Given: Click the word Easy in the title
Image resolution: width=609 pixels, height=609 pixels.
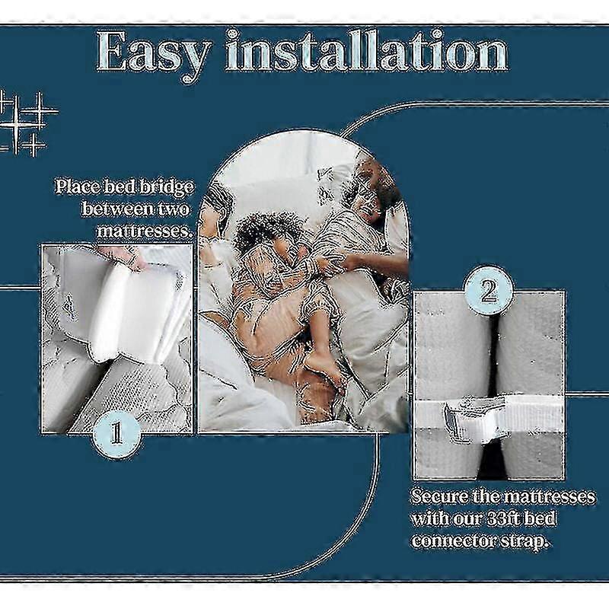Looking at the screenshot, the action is pyautogui.click(x=155, y=53).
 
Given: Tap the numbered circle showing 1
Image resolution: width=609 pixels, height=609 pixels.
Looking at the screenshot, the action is pyautogui.click(x=117, y=434).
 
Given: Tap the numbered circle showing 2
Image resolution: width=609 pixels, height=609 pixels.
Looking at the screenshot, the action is pyautogui.click(x=489, y=291).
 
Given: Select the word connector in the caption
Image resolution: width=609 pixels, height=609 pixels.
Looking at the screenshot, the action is pyautogui.click(x=450, y=541).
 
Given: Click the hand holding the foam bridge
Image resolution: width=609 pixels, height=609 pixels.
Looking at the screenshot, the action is pyautogui.click(x=125, y=257).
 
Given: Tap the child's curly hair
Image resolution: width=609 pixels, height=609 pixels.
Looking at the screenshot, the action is pyautogui.click(x=268, y=231).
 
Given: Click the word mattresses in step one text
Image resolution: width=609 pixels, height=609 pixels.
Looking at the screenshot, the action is pyautogui.click(x=145, y=231).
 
